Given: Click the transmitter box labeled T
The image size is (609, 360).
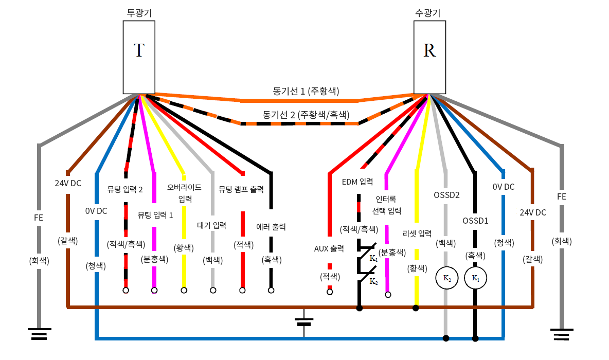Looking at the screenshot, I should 139,57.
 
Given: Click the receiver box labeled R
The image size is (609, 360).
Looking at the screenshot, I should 429,57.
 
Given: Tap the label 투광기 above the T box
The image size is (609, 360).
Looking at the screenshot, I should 139,12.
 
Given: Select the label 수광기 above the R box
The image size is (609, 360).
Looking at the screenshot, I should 429,12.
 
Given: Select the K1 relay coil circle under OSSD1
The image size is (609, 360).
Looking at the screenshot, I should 475,278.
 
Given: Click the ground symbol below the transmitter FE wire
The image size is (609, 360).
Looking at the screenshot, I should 39,334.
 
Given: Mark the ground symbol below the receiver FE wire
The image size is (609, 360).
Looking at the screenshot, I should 562,334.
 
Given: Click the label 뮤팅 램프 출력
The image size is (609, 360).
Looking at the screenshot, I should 241,189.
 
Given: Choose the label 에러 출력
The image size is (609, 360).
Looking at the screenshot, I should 271,226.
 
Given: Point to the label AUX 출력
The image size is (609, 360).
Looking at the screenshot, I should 329,248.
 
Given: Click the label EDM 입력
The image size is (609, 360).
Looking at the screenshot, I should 357,181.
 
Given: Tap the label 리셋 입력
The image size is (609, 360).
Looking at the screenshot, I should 417,234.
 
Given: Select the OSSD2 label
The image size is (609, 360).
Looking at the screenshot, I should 446,195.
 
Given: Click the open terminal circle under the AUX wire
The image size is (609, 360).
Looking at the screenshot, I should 330,292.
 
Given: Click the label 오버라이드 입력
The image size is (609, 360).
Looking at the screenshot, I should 185,192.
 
